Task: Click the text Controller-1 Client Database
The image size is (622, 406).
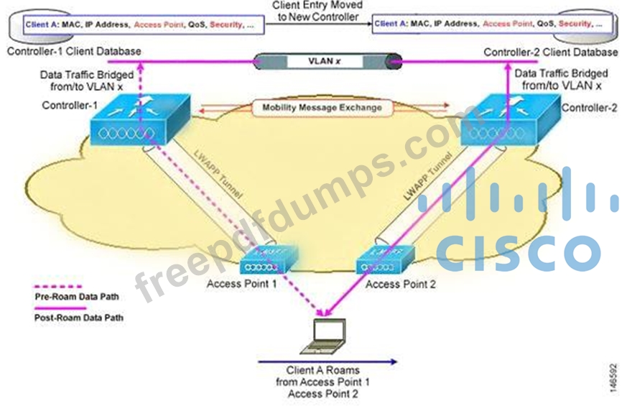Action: click(74, 52)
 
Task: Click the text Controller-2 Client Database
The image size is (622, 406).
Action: click(550, 52)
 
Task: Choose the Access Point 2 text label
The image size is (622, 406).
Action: click(401, 284)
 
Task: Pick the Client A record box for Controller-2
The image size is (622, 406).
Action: click(489, 24)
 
